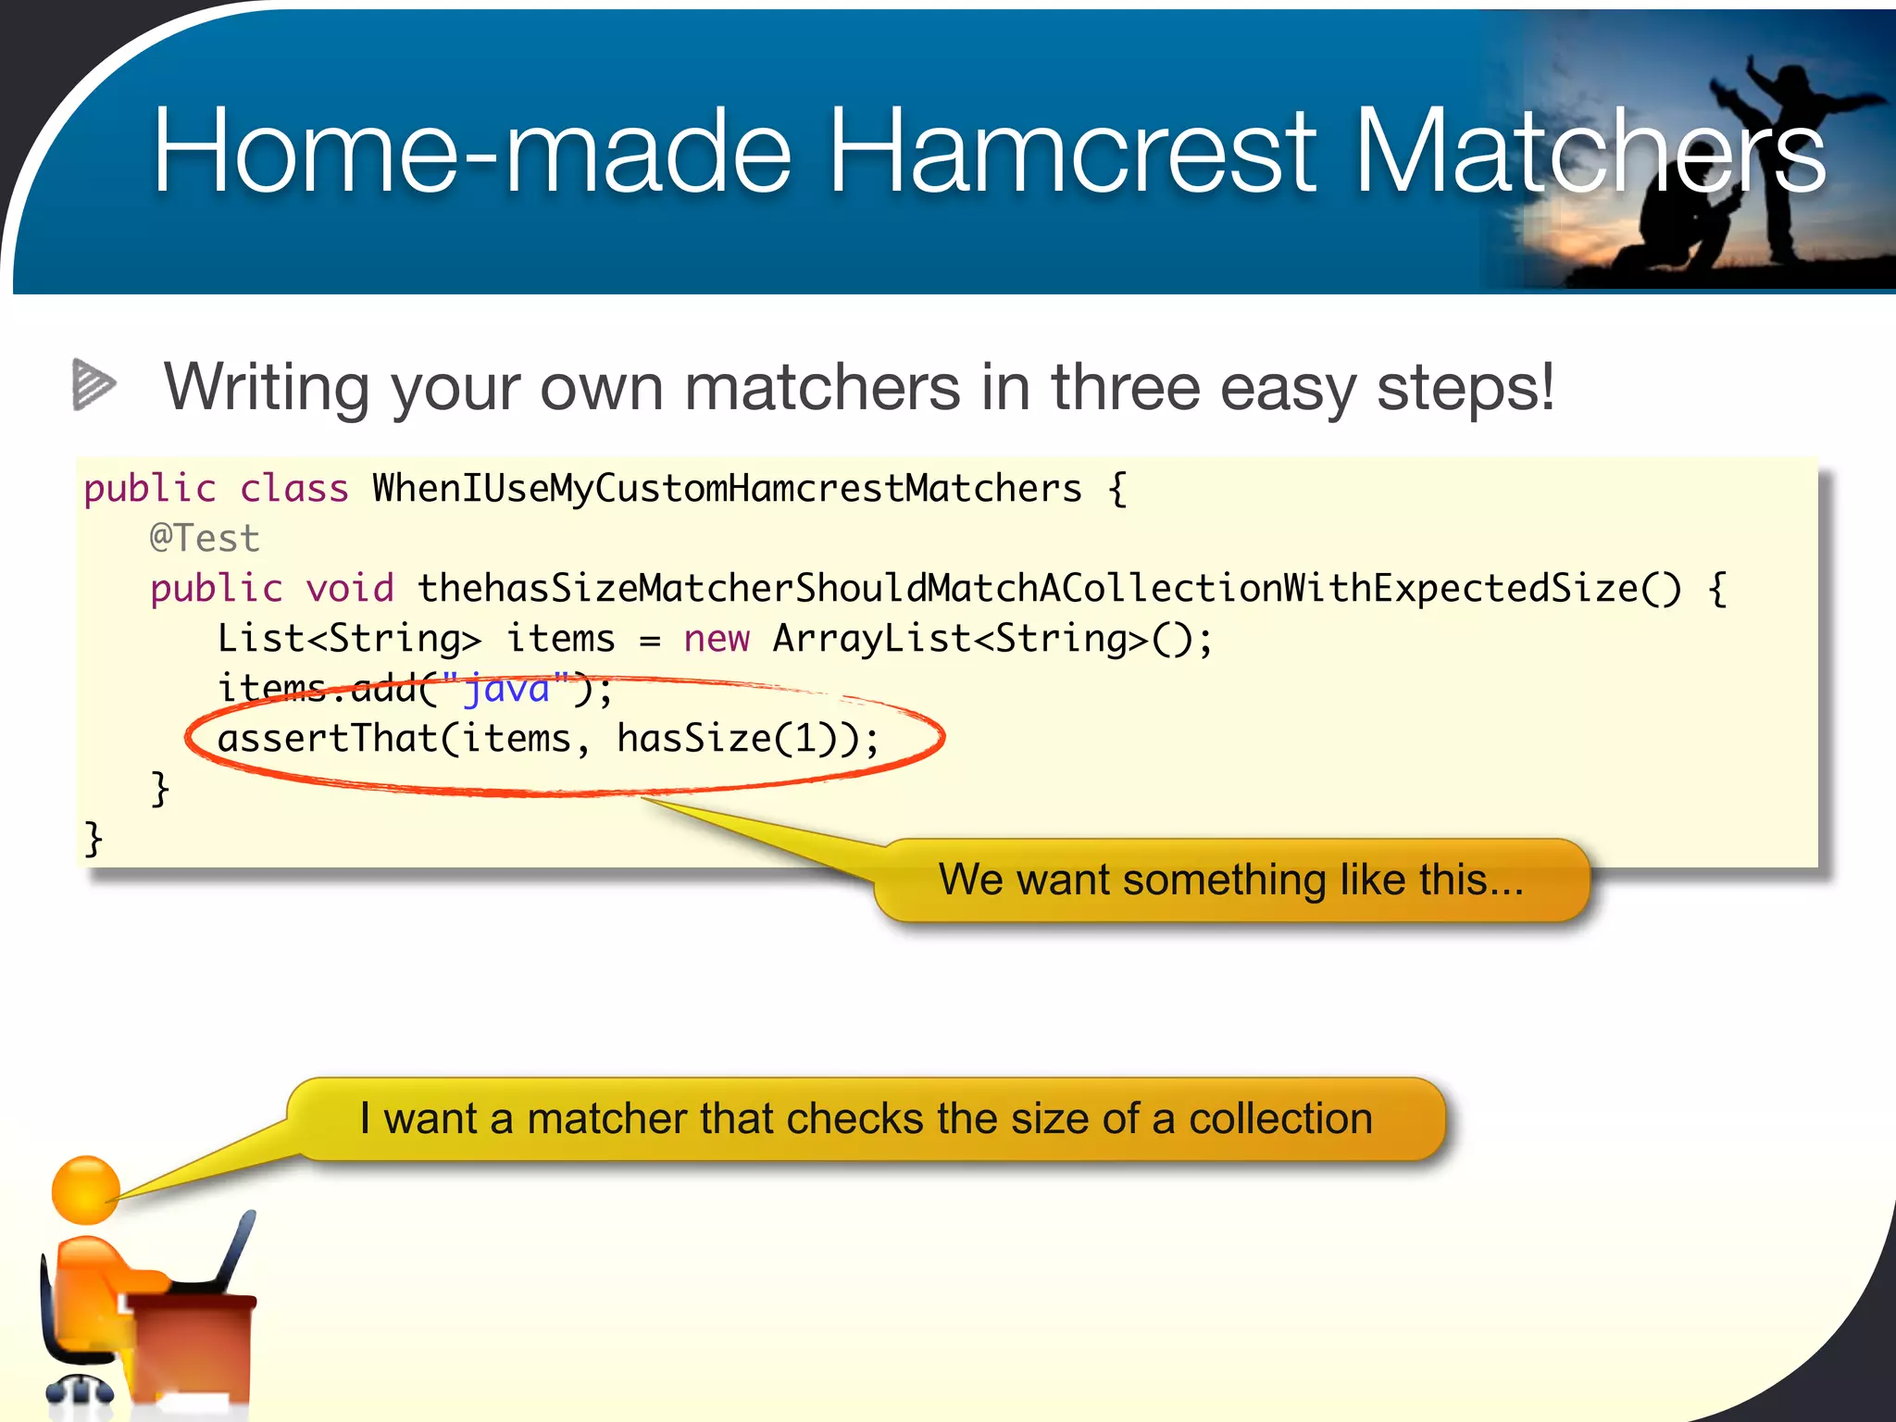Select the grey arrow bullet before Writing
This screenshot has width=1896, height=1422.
click(x=93, y=383)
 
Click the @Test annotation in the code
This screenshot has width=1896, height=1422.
click(x=205, y=538)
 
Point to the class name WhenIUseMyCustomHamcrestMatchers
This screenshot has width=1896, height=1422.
click(x=727, y=488)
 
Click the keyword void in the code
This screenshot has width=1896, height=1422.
click(x=350, y=588)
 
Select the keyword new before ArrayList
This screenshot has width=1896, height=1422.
click(x=716, y=638)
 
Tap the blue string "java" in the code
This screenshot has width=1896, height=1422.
click(x=506, y=689)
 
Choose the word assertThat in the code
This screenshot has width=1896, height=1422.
click(x=327, y=738)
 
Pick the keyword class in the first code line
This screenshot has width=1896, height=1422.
click(x=293, y=488)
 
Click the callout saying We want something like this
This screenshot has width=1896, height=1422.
click(x=1230, y=879)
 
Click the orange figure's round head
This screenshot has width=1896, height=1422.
click(x=85, y=1191)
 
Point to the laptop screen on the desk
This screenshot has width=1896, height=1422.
click(x=235, y=1250)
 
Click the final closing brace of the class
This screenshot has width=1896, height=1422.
click(x=93, y=839)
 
